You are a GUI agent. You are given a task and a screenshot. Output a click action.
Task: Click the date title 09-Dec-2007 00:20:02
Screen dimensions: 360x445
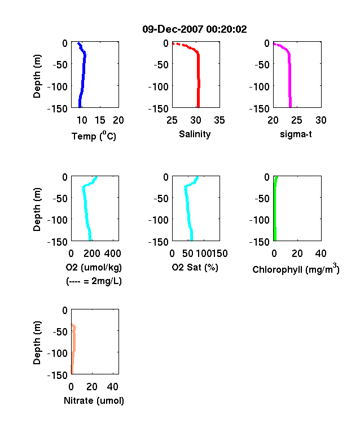195,29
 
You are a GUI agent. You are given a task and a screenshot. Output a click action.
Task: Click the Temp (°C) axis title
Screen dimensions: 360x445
94,136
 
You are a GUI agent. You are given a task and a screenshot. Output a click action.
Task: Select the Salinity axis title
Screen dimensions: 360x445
195,134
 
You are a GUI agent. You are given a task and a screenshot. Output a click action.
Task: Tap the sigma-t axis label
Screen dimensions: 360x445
296,134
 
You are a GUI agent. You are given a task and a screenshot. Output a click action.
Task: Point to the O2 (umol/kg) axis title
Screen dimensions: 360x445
94,267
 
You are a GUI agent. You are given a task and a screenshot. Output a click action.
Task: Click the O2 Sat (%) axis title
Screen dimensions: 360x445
195,267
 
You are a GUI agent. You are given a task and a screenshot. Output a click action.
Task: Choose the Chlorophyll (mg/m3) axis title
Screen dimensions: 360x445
296,268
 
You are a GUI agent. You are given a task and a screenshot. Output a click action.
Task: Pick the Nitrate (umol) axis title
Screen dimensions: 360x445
94,400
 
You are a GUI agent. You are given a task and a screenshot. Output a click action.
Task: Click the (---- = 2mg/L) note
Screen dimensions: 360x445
94,281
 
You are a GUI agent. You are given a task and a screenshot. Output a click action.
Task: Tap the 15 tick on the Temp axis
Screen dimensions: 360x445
100,120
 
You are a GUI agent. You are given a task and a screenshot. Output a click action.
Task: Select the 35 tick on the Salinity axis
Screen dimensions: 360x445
219,120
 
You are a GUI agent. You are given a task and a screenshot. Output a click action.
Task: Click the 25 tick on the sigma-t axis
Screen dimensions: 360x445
296,120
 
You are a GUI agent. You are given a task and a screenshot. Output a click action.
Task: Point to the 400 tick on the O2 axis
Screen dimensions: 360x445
112,254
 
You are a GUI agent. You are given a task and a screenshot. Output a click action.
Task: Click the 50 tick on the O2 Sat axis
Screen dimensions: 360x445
188,254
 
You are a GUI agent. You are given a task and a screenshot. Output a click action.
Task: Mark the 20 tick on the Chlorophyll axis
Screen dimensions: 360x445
297,254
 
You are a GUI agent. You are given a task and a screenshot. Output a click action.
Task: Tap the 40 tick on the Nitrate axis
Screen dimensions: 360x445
112,386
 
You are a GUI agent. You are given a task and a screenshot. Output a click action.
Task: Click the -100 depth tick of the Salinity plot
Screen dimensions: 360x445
159,86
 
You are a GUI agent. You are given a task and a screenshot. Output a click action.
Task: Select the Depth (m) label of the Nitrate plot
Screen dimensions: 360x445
37,343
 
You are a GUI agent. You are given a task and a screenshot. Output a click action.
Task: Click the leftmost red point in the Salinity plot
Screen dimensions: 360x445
174,43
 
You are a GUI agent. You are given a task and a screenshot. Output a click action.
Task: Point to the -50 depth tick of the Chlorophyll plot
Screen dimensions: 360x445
262,198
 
